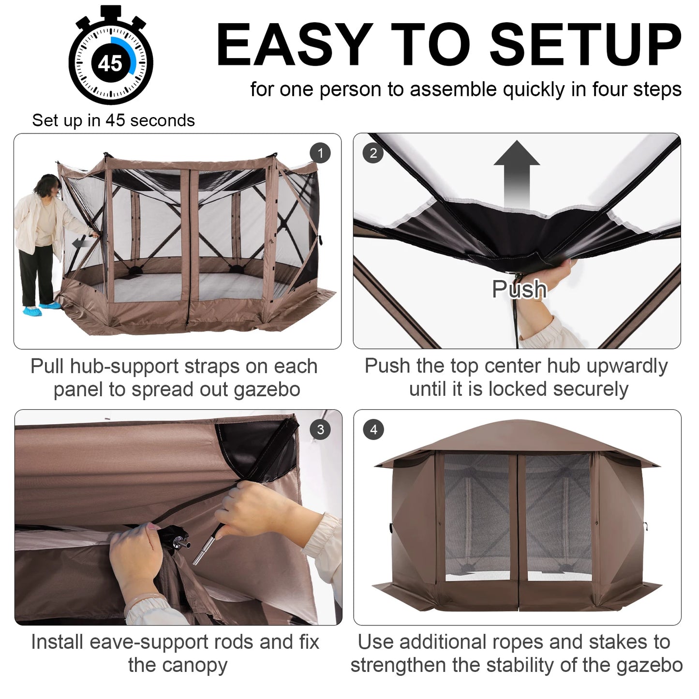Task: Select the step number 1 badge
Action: [x=320, y=153]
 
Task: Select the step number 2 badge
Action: [x=373, y=153]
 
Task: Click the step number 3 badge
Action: [x=320, y=430]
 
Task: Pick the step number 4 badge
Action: [x=373, y=430]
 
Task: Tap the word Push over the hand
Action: [x=519, y=289]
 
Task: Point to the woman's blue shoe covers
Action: [x=41, y=308]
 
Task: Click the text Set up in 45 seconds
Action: [x=113, y=120]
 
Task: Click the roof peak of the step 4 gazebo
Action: [x=517, y=423]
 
